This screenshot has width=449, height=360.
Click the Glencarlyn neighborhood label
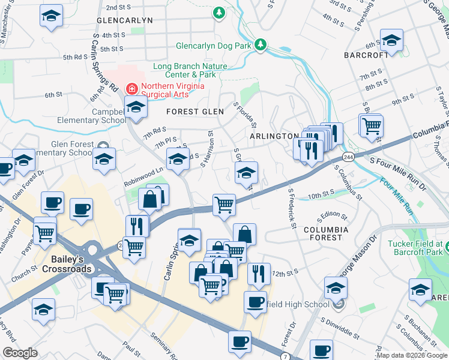124,20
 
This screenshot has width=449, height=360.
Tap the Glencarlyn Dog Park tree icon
261,44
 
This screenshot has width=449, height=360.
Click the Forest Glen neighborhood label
195,112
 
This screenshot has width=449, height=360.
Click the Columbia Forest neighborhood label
326,233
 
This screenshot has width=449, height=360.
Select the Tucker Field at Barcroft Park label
415,248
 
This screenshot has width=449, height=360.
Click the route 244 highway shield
347,157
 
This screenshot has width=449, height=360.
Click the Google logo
20,353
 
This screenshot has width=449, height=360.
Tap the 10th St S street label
321,194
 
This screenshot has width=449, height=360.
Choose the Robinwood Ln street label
144,170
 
